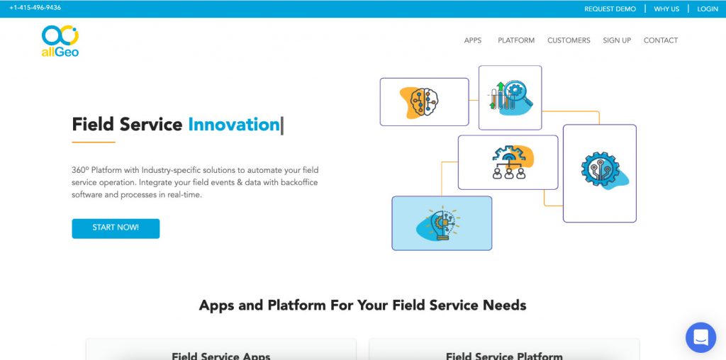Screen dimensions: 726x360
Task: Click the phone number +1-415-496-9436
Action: point(35,8)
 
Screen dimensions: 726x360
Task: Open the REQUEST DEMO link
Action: point(610,9)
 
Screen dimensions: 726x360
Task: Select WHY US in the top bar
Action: point(666,9)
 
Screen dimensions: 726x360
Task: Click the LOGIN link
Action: point(708,9)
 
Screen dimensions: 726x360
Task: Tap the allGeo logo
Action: point(60,41)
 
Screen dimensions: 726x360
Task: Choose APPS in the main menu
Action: point(473,40)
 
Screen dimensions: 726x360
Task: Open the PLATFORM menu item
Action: point(516,40)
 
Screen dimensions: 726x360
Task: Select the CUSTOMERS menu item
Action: point(569,40)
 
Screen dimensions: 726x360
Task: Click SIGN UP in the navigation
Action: point(617,40)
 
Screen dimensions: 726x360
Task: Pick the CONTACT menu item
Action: point(661,40)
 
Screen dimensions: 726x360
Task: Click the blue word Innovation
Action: point(234,125)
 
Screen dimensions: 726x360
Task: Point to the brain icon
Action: point(420,102)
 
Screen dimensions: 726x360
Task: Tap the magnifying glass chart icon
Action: point(510,98)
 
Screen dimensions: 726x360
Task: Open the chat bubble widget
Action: point(701,337)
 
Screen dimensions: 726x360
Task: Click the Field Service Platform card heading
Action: point(504,356)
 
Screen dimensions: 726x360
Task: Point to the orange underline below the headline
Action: point(94,142)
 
